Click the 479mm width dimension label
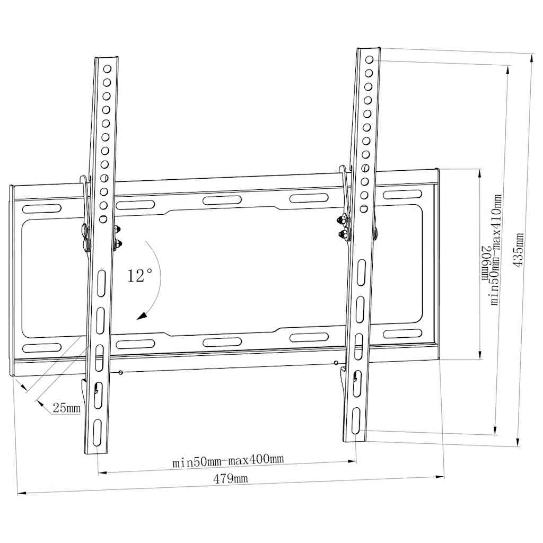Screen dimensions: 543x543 230,479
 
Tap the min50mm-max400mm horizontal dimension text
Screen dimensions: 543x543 228,461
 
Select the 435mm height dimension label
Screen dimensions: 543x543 518,250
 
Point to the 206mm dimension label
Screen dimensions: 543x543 486,264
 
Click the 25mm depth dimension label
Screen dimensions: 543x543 66,408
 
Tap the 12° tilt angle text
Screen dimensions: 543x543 139,276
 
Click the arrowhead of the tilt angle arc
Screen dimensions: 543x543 142,316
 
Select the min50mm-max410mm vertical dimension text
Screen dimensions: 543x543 496,250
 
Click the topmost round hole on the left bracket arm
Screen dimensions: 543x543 107,68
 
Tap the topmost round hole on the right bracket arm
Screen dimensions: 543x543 369,59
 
